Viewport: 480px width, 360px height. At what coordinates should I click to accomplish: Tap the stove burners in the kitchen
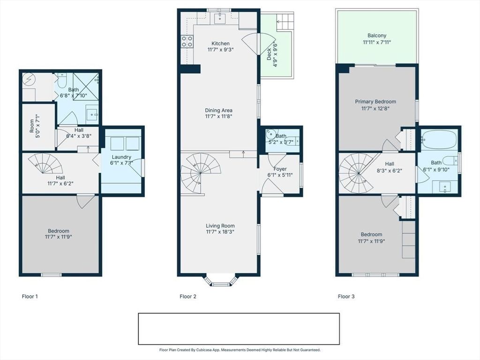187,41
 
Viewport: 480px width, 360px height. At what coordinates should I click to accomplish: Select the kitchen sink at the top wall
219,18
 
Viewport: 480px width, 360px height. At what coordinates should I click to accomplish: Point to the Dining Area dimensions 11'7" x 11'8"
218,116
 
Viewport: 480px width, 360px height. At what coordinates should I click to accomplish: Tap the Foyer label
280,169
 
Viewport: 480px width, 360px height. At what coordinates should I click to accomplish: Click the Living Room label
220,226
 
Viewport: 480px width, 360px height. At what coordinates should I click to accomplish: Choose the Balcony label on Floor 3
377,36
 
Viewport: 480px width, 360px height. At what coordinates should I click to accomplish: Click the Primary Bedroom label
375,102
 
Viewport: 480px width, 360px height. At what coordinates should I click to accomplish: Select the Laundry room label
121,157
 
